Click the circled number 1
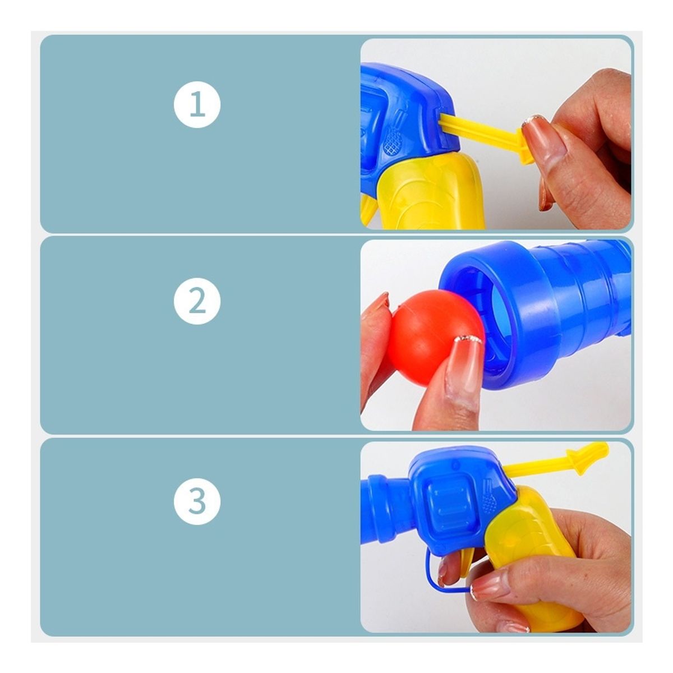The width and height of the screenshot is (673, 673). (x=197, y=104)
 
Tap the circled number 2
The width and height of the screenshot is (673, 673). (x=197, y=301)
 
